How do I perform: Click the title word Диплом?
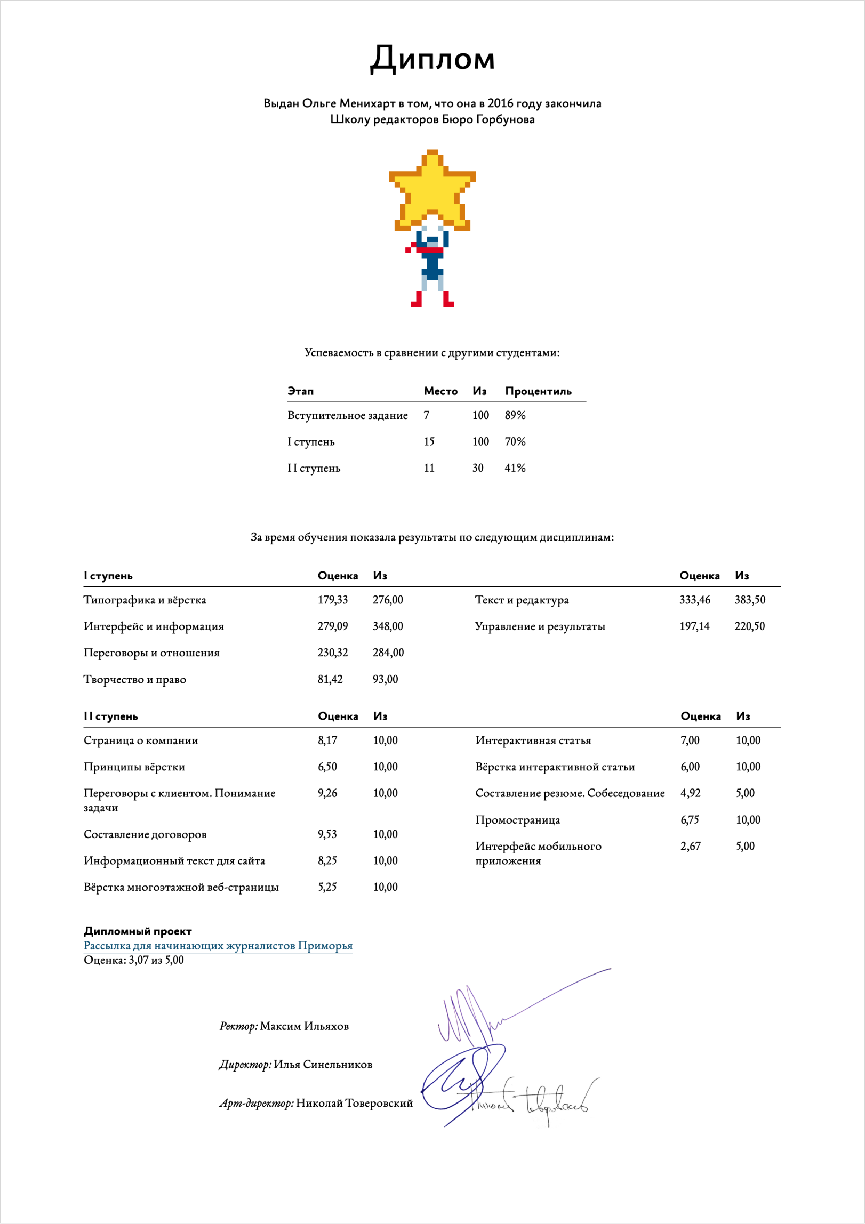coord(432,58)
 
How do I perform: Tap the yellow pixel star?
coord(432,192)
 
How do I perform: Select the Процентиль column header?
coord(538,391)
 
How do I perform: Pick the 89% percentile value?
coord(515,415)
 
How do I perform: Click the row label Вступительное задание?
coord(347,416)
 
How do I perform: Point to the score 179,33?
coord(332,600)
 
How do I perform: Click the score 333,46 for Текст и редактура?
coord(694,600)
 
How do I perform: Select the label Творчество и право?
coord(135,679)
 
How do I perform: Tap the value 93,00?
coord(385,679)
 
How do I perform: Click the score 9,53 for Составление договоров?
coord(327,834)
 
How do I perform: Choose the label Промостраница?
coord(517,820)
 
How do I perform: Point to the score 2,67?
coord(690,846)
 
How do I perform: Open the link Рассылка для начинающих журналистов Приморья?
coord(218,946)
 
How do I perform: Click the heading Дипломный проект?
coord(138,931)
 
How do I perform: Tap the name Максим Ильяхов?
coord(304,1026)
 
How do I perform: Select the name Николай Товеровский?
coord(354,1103)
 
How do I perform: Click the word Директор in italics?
coord(245,1065)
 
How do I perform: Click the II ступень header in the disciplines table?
coord(110,716)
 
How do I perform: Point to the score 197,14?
coord(694,626)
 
